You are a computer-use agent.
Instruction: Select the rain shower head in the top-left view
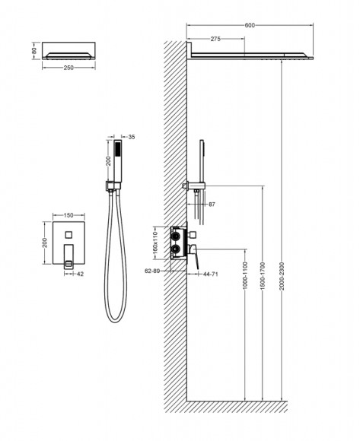point(69,52)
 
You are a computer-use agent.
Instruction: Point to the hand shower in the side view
point(203,156)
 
